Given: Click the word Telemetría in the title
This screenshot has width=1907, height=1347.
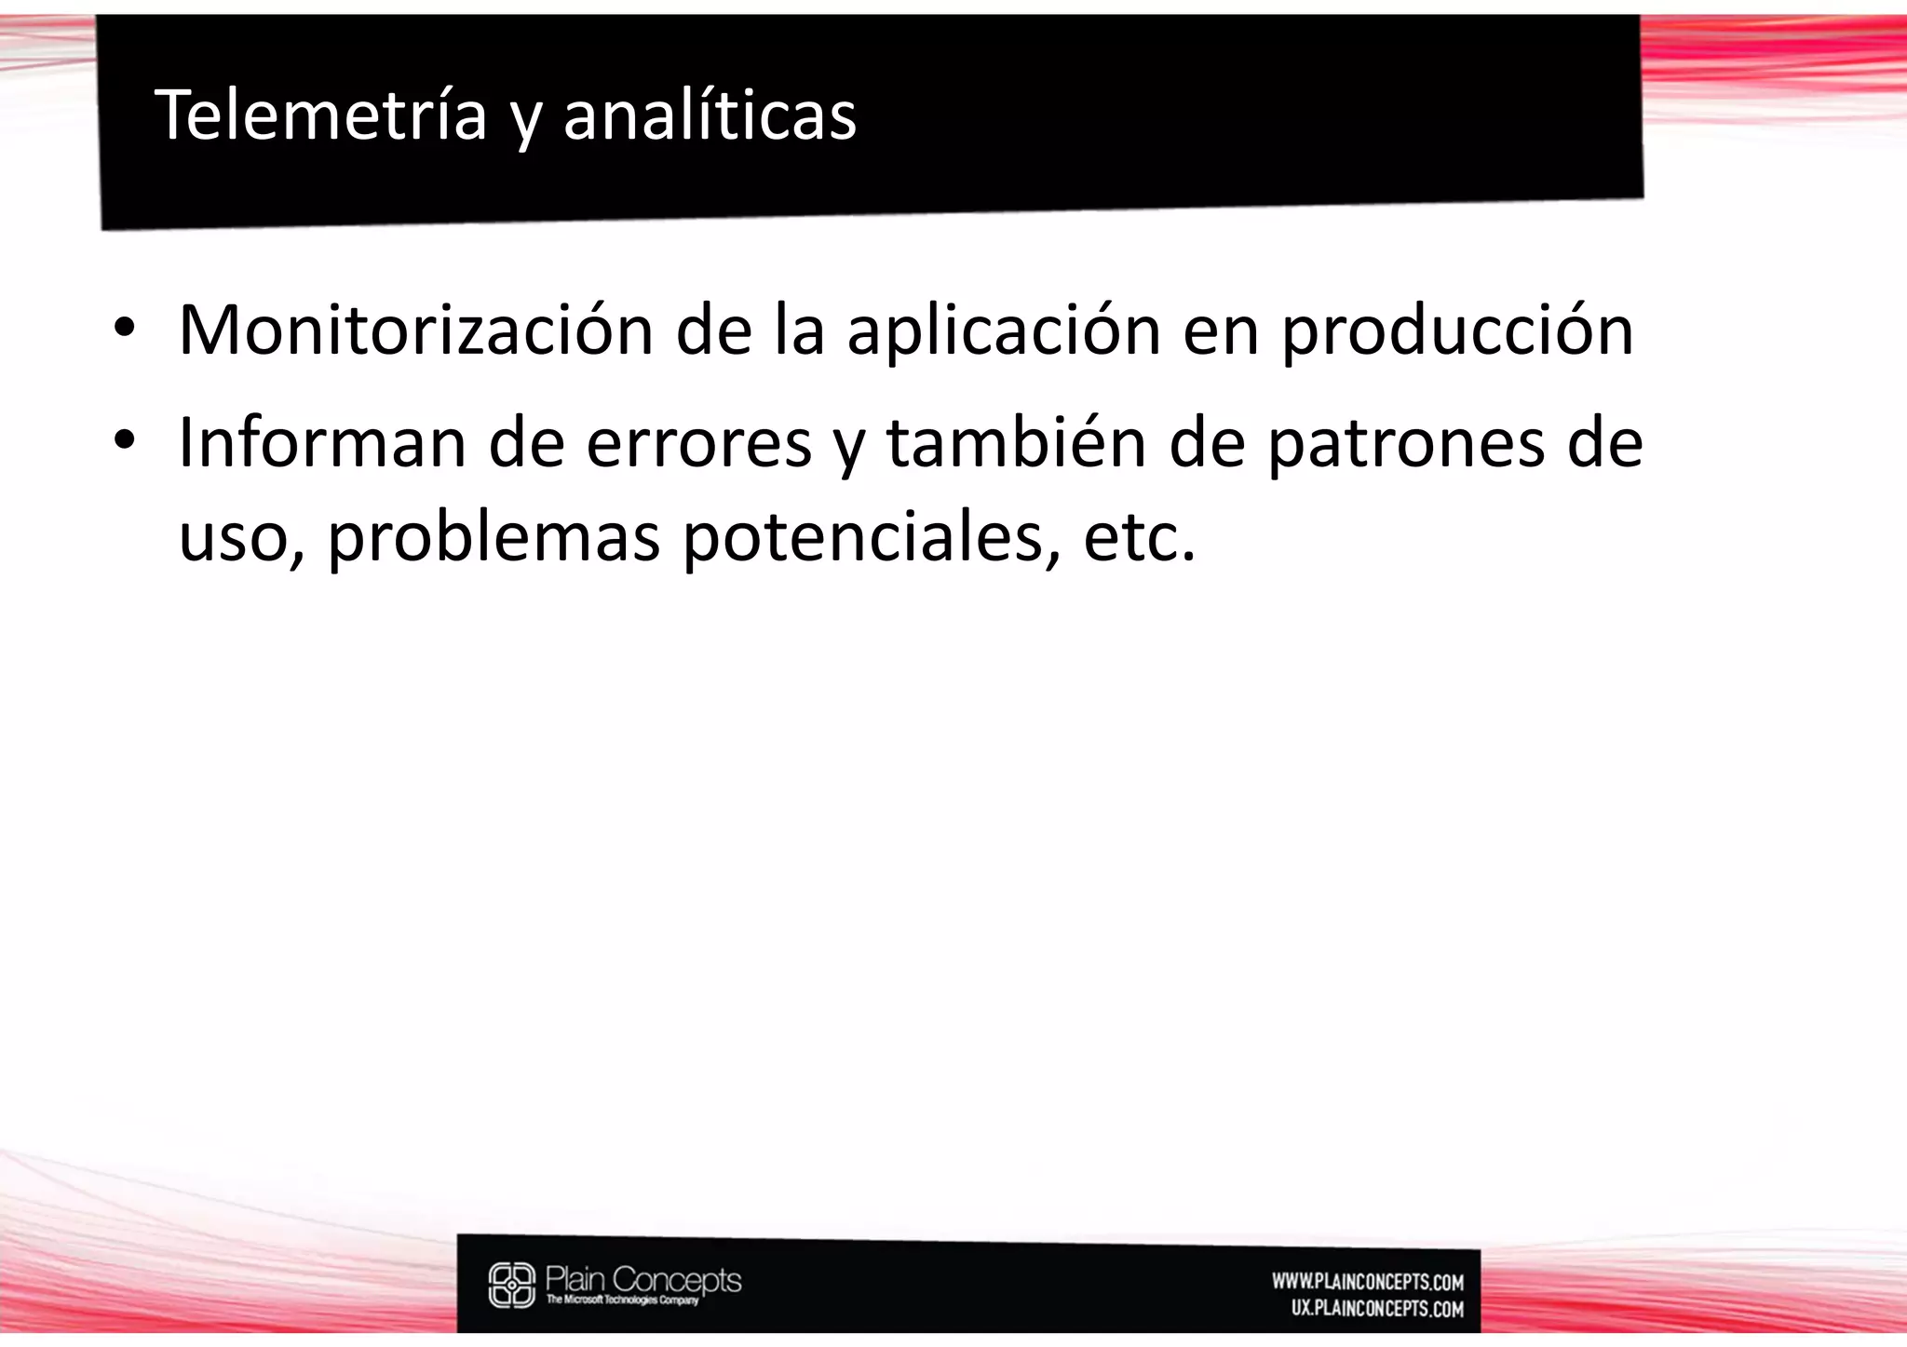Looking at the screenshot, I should [320, 114].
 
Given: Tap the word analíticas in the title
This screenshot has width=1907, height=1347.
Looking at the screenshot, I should [710, 114].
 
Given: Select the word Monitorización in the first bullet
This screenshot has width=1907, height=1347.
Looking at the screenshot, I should [416, 330].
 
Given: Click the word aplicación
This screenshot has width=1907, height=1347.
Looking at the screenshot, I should [1003, 331].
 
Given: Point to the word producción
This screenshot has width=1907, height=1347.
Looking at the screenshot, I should [1457, 331].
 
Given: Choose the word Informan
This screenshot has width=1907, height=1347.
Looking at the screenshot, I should [322, 443].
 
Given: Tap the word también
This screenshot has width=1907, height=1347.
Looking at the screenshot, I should [1016, 443].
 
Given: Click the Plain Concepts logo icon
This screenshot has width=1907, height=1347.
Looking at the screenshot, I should [512, 1285].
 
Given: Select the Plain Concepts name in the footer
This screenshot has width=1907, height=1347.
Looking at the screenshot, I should [643, 1279].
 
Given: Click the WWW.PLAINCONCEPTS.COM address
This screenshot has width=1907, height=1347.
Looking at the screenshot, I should [1368, 1283].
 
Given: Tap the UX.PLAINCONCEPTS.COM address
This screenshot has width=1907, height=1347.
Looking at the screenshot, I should [1377, 1309].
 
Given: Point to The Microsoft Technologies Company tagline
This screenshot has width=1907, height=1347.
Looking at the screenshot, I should [622, 1300].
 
